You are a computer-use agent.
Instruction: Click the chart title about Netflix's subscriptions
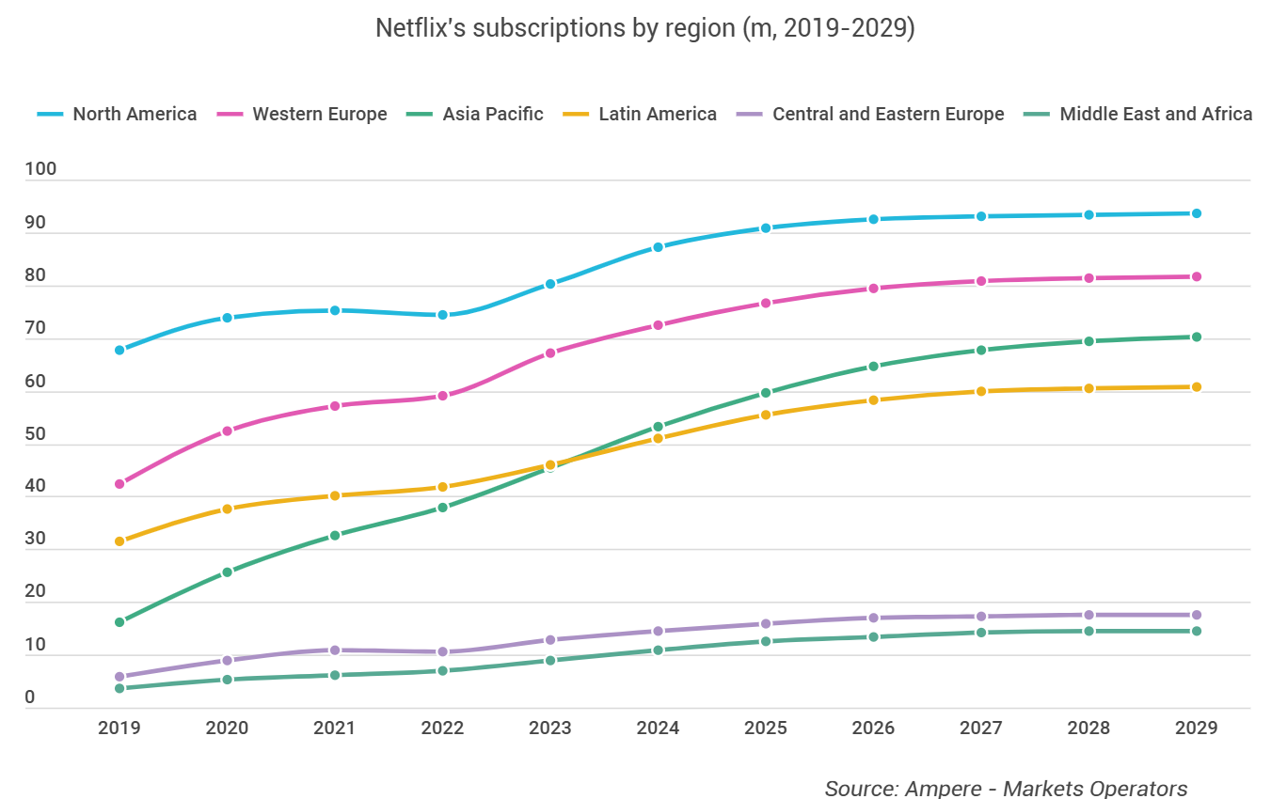(x=644, y=28)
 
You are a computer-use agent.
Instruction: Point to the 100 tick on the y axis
(x=41, y=169)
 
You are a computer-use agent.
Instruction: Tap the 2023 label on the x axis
(x=550, y=728)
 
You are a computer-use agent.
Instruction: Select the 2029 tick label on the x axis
(x=1196, y=728)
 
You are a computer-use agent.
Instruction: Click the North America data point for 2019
(x=119, y=350)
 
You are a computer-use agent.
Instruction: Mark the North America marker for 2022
(x=442, y=315)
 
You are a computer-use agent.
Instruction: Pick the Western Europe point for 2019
(x=119, y=484)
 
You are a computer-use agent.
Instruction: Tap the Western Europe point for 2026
(x=873, y=289)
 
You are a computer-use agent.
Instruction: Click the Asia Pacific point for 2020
(x=227, y=572)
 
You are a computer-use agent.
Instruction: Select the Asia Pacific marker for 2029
(x=1196, y=337)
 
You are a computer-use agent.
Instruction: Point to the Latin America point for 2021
(x=334, y=495)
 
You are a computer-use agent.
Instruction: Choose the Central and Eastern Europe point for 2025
(x=766, y=623)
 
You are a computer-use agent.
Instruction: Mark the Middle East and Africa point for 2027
(x=981, y=633)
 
